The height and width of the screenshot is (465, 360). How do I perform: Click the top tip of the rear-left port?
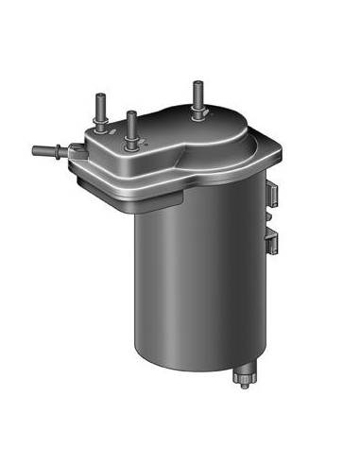point(98,93)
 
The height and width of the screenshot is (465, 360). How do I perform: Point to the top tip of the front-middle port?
point(131,113)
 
